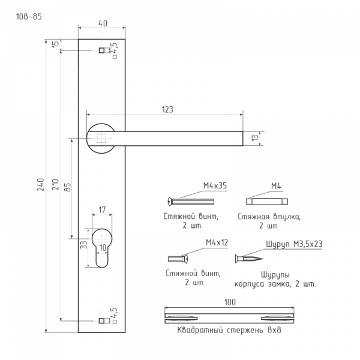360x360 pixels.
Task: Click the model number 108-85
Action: [29, 17]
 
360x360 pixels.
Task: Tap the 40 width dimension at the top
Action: [103, 23]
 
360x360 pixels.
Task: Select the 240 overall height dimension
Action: [41, 184]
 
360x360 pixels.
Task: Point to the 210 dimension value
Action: [56, 184]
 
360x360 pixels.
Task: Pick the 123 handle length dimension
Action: [167, 110]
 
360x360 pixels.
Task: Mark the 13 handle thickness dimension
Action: [255, 138]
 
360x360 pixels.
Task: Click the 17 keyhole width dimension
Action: [102, 209]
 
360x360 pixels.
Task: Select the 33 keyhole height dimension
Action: [84, 244]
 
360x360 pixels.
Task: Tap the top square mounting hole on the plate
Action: [101, 50]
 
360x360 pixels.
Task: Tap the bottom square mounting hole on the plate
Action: [101, 321]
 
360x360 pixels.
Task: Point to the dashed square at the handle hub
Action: [101, 138]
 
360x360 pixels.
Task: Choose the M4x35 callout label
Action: [215, 185]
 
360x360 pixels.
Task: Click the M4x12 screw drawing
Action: [178, 259]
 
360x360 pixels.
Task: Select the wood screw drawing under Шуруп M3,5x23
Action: [249, 259]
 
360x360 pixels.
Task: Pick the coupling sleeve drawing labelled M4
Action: [267, 202]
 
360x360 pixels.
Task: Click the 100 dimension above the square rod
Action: [230, 302]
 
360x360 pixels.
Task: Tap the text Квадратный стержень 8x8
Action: [229, 330]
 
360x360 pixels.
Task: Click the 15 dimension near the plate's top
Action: [56, 44]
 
